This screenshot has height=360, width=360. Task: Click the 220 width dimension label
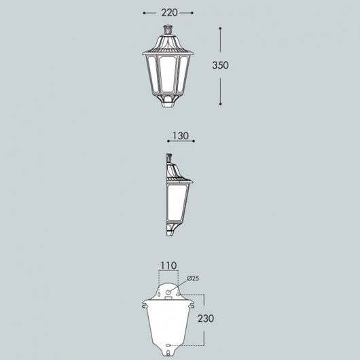tap(169, 13)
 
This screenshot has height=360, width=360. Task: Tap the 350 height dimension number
tap(220, 65)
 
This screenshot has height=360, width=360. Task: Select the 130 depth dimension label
tap(181, 136)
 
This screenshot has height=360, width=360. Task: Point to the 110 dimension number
tap(168, 266)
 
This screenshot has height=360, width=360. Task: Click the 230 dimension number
tap(206, 319)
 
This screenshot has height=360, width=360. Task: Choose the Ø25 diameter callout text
tap(193, 278)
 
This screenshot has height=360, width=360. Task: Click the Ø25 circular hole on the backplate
tap(168, 292)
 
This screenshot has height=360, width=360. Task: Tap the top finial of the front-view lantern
tap(168, 30)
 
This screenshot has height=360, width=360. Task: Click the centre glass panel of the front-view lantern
tap(168, 74)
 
